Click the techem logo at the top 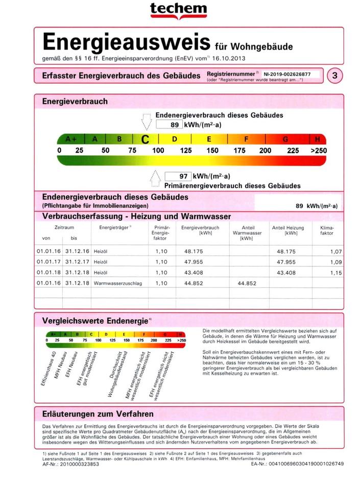(x=178, y=10)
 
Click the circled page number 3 (x=334, y=76)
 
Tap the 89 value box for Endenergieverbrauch (x=168, y=125)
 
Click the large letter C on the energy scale (x=146, y=139)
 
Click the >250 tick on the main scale (x=318, y=151)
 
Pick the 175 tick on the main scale (x=239, y=151)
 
